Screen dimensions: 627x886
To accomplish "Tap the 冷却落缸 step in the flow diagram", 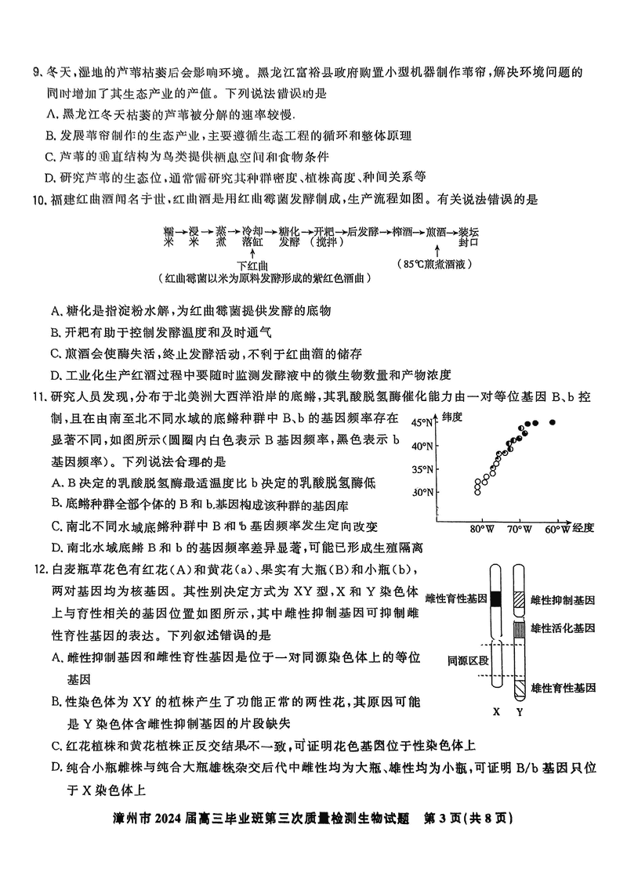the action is point(252,237).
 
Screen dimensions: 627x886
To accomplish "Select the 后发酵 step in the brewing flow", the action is point(363,232).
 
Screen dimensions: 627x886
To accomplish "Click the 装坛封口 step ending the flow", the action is point(468,237).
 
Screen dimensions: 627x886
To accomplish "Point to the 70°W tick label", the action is point(519,529).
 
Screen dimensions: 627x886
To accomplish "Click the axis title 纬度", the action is point(452,417).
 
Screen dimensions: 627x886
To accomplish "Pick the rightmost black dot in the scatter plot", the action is point(553,422).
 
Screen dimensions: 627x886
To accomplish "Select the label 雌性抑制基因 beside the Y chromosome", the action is point(563,601).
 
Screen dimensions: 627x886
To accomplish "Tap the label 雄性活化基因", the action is point(563,627).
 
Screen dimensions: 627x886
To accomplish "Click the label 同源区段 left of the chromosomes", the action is point(468,660).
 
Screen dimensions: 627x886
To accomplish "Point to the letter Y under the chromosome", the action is point(520,713).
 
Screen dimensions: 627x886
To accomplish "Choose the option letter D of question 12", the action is point(56,768).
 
